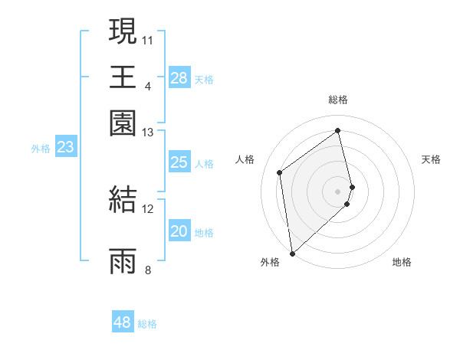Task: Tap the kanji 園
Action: [123, 123]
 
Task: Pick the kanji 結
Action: [123, 199]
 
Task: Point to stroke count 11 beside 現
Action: [148, 39]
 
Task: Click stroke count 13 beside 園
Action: [148, 133]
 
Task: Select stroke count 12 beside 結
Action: [148, 208]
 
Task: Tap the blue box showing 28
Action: [179, 77]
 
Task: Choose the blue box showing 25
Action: [179, 162]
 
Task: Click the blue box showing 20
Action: [179, 231]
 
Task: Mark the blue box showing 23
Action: [66, 147]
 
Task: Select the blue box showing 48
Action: [123, 322]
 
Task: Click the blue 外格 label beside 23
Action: [41, 149]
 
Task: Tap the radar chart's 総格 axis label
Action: [338, 100]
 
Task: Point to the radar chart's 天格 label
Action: [432, 159]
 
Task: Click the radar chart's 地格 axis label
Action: [402, 262]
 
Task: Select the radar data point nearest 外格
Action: [292, 253]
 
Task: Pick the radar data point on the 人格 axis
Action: [280, 172]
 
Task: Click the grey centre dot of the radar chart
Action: [338, 190]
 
